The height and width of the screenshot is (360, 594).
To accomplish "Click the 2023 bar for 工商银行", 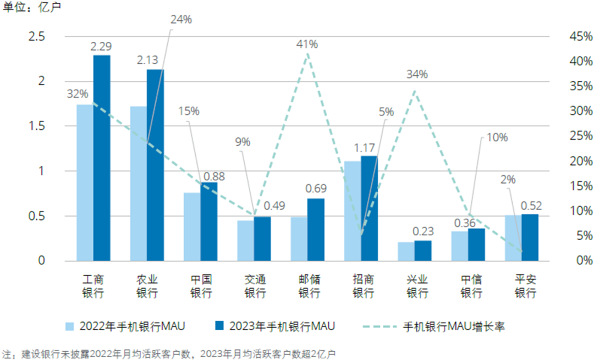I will click(102, 158).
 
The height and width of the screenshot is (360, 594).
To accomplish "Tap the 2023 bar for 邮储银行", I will click(316, 229).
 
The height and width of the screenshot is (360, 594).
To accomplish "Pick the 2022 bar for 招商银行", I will click(353, 211).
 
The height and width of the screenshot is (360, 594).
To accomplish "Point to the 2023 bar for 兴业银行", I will click(423, 250).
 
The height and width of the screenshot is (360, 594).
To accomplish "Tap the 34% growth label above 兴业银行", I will click(417, 75).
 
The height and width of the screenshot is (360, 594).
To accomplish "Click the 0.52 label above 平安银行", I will click(531, 206).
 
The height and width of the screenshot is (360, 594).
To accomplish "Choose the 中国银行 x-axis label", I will click(201, 286).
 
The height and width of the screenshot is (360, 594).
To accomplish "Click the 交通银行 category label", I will click(255, 286).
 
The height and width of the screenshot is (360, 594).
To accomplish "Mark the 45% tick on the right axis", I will click(580, 36).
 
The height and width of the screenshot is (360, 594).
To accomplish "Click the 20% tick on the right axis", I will click(580, 161).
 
